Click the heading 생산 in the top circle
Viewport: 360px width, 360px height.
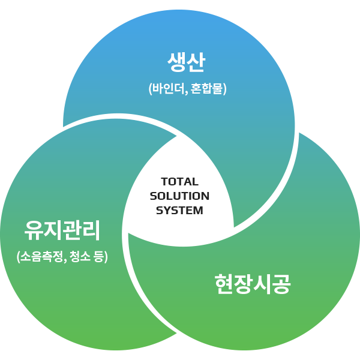pyautogui.click(x=186, y=62)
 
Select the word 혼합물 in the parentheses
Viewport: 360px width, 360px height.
pyautogui.click(x=206, y=89)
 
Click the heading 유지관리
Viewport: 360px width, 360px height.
pyautogui.click(x=62, y=230)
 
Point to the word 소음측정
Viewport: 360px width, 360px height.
pyautogui.click(x=41, y=256)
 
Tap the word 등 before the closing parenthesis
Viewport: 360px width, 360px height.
pyautogui.click(x=99, y=256)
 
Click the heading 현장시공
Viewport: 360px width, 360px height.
pyautogui.click(x=253, y=284)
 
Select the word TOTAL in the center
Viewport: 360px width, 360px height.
pyautogui.click(x=180, y=182)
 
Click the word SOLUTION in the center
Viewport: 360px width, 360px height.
pyautogui.click(x=179, y=196)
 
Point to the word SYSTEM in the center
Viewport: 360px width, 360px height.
pyautogui.click(x=179, y=211)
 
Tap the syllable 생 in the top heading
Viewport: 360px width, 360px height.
pyautogui.click(x=176, y=62)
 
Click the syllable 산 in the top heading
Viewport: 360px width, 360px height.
pyautogui.click(x=196, y=62)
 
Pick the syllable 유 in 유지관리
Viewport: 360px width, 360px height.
pyautogui.click(x=34, y=230)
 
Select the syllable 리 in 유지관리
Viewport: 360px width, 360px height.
pyautogui.click(x=91, y=230)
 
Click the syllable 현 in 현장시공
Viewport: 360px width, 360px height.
pyautogui.click(x=224, y=284)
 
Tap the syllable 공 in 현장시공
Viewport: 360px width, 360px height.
pyautogui.click(x=282, y=284)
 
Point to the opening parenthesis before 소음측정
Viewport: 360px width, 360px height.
pyautogui.click(x=18, y=257)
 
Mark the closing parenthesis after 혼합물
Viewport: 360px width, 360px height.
pyautogui.click(x=225, y=89)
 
